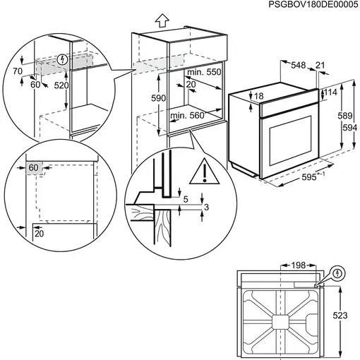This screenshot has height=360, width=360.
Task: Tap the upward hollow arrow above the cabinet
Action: point(161,19)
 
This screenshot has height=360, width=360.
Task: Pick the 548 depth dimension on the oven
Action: point(298,66)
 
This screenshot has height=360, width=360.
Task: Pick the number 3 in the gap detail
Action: point(207,207)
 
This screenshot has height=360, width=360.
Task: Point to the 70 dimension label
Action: point(17,71)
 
